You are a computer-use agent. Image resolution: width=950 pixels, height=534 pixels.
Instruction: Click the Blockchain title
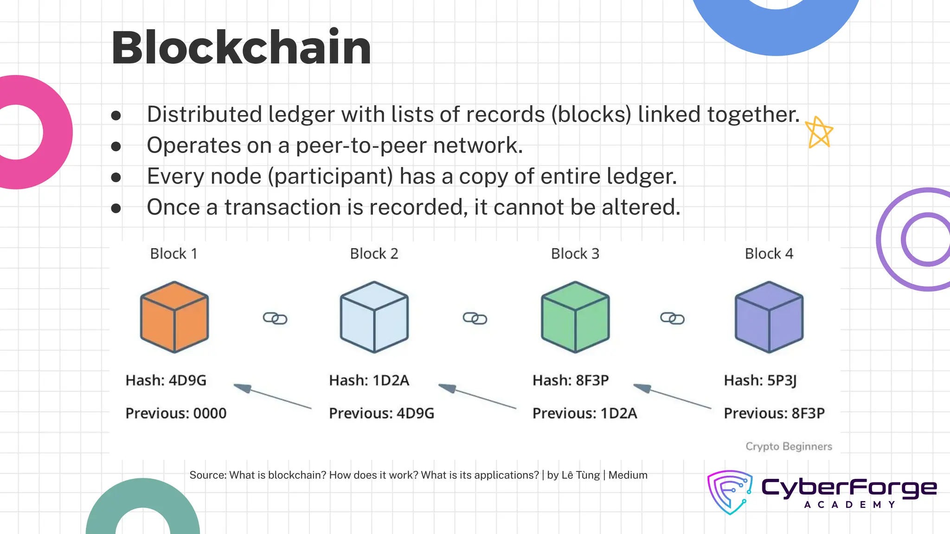(241, 47)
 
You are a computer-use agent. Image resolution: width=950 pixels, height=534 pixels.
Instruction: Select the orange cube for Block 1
(174, 317)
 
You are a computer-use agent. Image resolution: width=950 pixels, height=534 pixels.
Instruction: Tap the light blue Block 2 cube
(374, 317)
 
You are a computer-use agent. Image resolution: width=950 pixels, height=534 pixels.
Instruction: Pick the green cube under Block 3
(575, 317)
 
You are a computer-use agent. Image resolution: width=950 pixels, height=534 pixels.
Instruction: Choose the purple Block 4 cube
(769, 317)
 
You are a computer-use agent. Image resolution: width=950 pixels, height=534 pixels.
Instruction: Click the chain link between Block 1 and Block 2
(275, 318)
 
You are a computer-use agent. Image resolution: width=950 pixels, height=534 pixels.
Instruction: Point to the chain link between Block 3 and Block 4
(672, 318)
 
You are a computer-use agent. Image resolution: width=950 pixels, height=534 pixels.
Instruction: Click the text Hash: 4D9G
(166, 381)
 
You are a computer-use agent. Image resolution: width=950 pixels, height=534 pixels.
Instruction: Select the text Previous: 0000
(176, 413)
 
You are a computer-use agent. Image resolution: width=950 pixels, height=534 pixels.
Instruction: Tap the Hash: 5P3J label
(760, 381)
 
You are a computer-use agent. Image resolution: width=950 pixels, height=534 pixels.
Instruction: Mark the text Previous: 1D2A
(584, 413)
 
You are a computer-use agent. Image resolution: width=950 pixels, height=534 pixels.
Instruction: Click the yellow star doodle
(819, 133)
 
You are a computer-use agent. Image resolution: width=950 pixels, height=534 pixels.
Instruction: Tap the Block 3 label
(575, 254)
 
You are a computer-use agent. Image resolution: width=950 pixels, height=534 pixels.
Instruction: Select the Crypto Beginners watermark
(789, 446)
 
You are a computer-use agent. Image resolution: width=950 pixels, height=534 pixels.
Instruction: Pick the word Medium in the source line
(628, 475)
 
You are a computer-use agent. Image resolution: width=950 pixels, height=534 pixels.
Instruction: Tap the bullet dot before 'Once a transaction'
(116, 208)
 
